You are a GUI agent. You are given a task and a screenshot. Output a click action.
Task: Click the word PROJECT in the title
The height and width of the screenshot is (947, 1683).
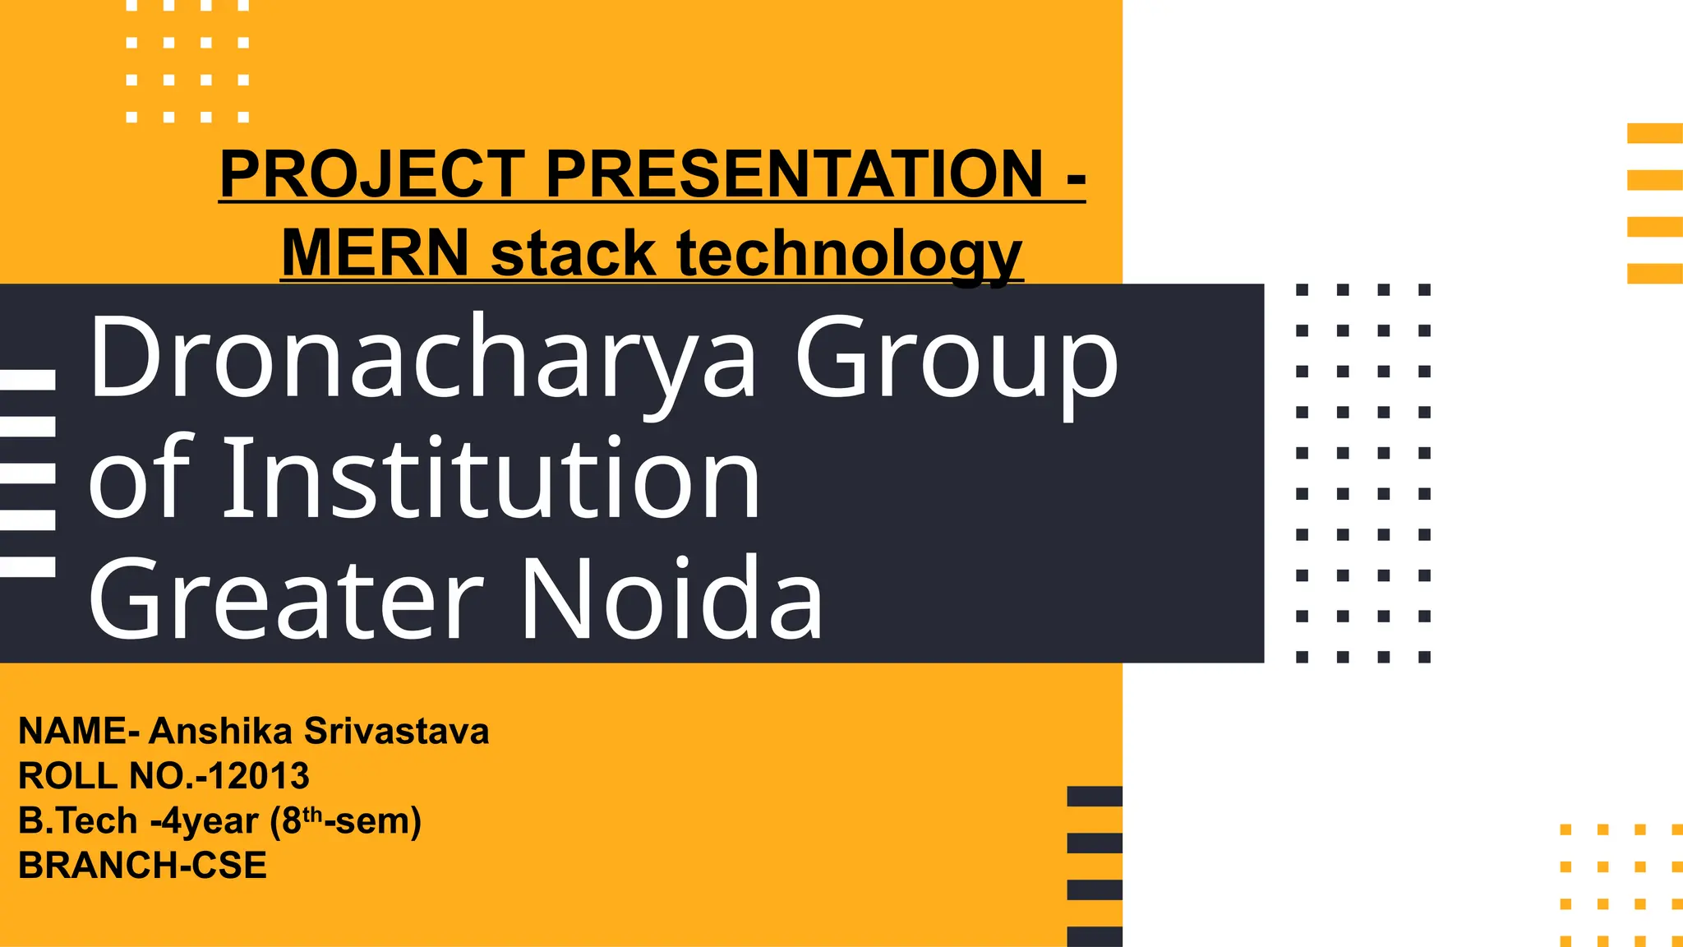click(372, 174)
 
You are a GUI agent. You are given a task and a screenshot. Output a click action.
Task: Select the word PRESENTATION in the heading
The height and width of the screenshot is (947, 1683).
click(794, 174)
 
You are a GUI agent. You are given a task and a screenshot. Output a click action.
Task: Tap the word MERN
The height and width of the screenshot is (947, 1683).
click(375, 253)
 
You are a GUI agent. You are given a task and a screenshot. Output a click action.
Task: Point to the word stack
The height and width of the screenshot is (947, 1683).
click(573, 253)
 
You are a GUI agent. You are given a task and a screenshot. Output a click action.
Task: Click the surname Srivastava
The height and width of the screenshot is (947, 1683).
click(396, 731)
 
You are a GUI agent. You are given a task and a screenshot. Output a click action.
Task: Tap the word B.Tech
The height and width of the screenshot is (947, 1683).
click(77, 821)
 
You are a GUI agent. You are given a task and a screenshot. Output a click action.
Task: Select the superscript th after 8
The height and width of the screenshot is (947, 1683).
click(312, 815)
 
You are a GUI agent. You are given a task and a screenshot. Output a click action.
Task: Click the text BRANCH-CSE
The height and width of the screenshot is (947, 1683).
click(142, 866)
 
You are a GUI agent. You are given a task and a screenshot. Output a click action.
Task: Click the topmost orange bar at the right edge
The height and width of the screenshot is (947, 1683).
click(1655, 133)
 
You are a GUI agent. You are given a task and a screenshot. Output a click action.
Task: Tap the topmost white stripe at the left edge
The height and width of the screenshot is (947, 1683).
click(27, 379)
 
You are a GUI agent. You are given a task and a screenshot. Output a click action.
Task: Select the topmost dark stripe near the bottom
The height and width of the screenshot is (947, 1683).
click(1095, 796)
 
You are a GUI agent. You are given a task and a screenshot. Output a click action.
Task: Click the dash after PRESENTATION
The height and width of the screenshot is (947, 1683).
click(1076, 176)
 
